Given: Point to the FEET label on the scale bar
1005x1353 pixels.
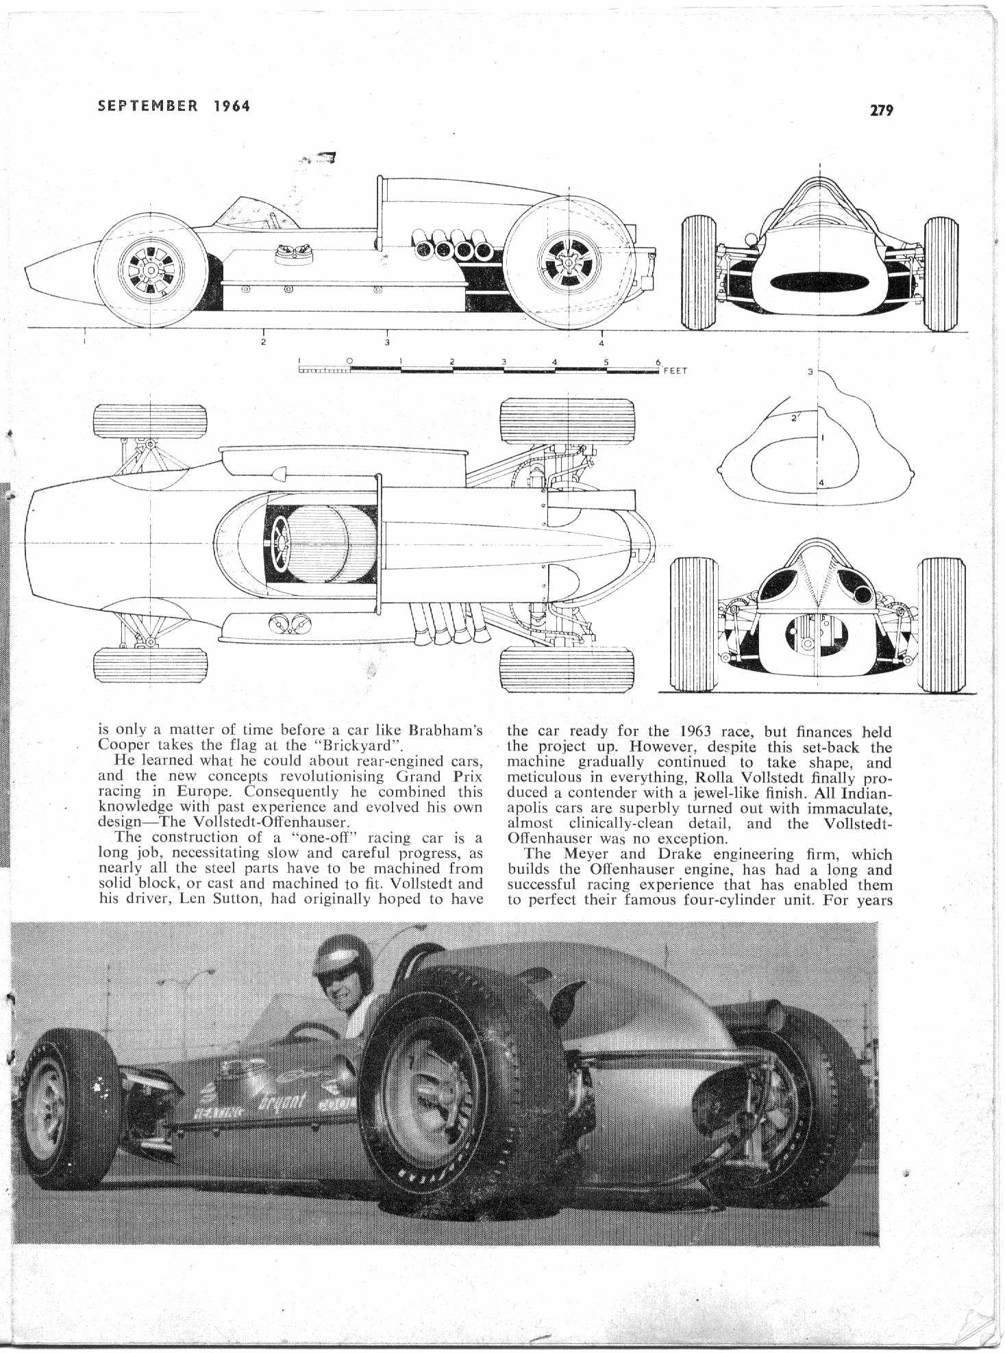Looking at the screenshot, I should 675,370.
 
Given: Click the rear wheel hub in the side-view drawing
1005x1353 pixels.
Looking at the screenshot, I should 569,261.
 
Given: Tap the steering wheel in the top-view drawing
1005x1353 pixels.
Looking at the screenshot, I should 281,539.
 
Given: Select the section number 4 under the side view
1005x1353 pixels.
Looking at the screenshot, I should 601,343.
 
